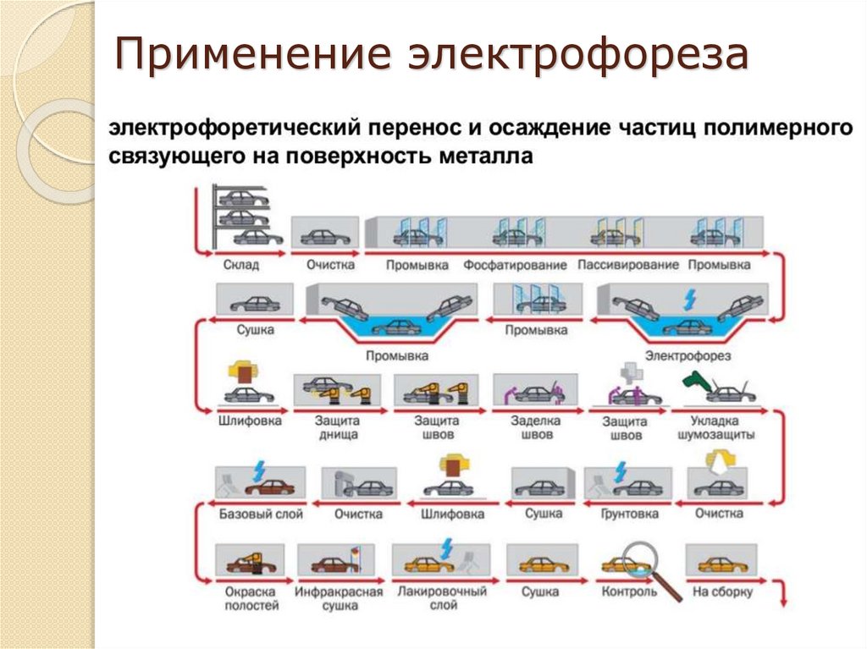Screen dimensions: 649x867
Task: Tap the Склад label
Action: tap(241, 265)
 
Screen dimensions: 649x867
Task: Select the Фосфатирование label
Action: tap(515, 265)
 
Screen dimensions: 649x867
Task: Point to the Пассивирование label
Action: tap(628, 265)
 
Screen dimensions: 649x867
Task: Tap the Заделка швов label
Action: tap(532, 427)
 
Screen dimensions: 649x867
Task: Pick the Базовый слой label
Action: tap(254, 514)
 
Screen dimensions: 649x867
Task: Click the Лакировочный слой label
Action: tap(429, 598)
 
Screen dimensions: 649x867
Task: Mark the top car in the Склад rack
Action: tap(243, 198)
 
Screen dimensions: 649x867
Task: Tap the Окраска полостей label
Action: tap(252, 598)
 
